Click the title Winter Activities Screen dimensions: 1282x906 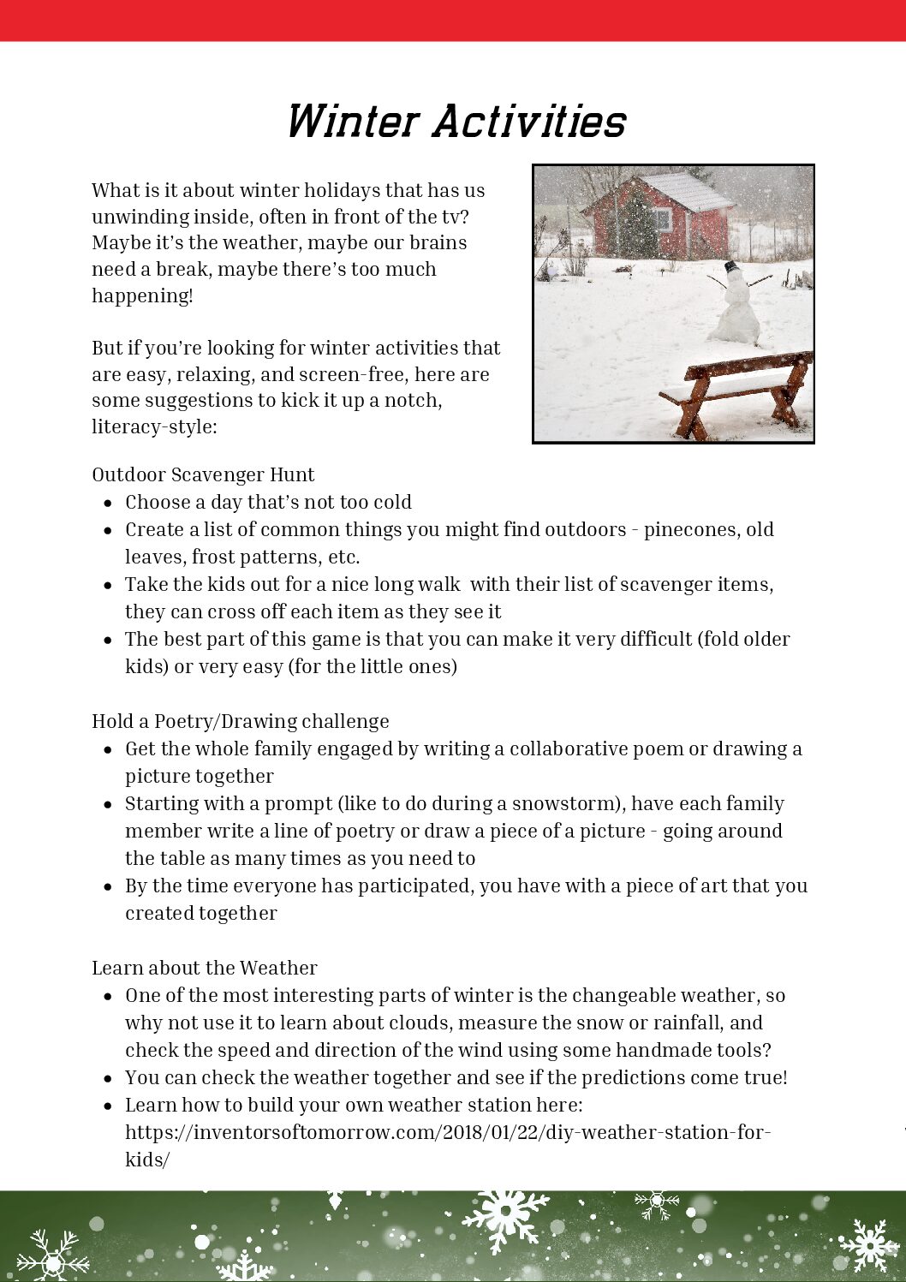[x=456, y=122]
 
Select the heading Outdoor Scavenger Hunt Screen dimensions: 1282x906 [x=203, y=474]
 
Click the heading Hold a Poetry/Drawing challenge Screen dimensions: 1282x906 [x=240, y=721]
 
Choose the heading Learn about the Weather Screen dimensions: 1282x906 [x=204, y=968]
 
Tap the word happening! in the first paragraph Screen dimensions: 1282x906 [x=142, y=295]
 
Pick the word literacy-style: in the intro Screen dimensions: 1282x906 [x=154, y=426]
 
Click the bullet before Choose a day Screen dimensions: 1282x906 [x=108, y=503]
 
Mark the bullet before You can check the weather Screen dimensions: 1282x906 [x=108, y=1078]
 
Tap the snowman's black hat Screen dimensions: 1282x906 [x=731, y=266]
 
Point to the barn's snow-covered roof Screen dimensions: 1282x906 [x=685, y=191]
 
